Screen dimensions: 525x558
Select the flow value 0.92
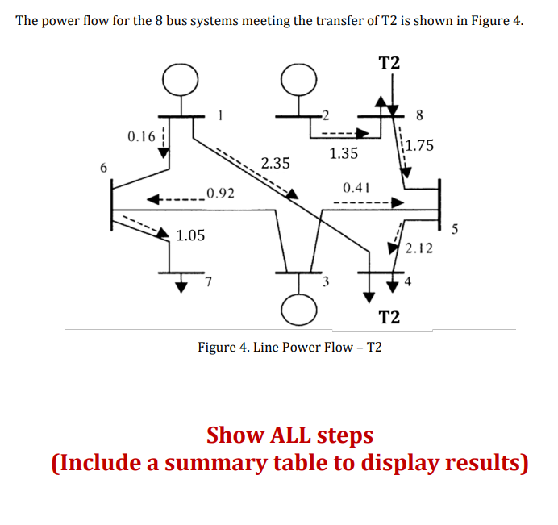click(220, 193)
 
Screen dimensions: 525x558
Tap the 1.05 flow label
click(191, 235)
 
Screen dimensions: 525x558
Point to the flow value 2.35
click(276, 163)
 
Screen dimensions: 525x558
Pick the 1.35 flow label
click(344, 152)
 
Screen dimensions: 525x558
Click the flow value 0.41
click(356, 187)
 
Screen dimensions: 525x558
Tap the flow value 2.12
click(419, 248)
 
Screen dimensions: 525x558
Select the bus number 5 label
click(455, 231)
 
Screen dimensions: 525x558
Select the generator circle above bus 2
click(298, 78)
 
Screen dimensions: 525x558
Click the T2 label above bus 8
click(389, 63)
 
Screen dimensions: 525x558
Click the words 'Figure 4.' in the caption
click(223, 348)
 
